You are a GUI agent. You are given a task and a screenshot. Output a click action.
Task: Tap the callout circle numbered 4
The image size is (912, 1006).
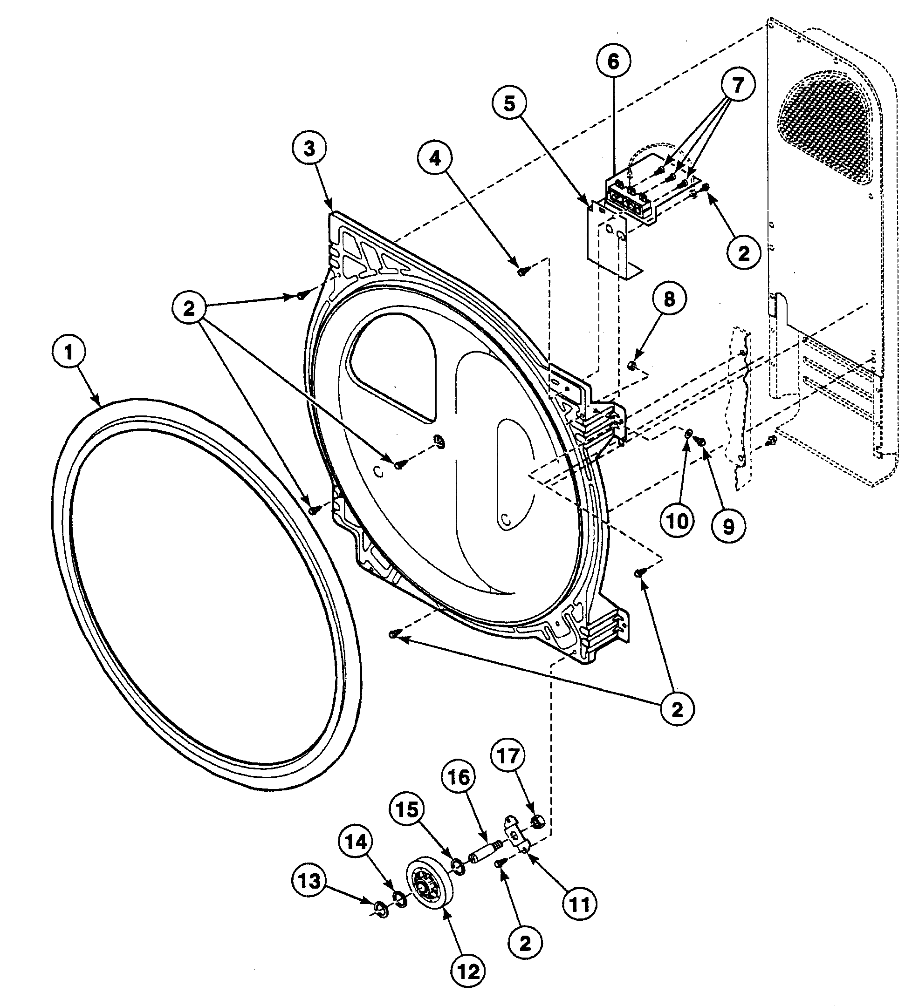point(435,159)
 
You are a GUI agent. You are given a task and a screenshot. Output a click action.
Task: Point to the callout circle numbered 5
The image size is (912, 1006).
point(509,104)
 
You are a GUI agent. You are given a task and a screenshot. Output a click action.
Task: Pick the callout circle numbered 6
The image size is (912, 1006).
point(613,61)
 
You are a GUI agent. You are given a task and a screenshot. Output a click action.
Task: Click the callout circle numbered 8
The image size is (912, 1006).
point(669,299)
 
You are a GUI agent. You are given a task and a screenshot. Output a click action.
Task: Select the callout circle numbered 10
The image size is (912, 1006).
point(678,522)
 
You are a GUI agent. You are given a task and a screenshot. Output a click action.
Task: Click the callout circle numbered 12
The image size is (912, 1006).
point(468,971)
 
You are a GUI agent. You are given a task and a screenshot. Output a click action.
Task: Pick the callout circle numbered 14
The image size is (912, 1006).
point(357,843)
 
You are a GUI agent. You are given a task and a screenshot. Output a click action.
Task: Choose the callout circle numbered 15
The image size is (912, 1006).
point(407,809)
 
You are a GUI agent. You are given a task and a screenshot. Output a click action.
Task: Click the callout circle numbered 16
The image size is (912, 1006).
point(459,776)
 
